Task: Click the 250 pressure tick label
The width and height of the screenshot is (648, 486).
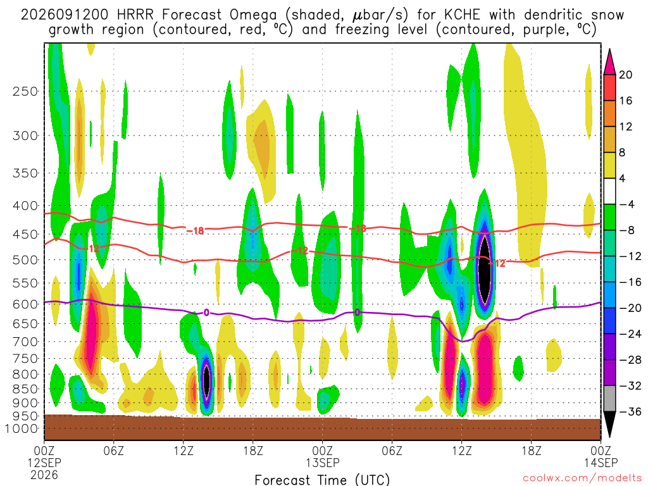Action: (x=25, y=91)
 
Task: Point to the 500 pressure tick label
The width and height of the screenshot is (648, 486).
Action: (x=25, y=260)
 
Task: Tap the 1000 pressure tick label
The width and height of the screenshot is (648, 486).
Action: (x=21, y=428)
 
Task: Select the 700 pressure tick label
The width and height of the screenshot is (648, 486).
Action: (x=25, y=342)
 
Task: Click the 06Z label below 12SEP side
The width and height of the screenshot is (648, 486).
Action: (x=114, y=451)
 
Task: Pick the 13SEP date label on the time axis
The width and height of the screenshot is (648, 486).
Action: (x=323, y=463)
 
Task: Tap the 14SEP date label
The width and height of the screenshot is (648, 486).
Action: (x=601, y=463)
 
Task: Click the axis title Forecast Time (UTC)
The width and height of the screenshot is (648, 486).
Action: (x=322, y=480)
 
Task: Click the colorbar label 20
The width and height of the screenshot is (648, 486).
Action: (x=625, y=75)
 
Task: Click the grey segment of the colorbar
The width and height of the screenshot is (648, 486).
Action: (x=609, y=399)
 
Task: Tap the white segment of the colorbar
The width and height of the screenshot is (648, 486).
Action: (x=609, y=191)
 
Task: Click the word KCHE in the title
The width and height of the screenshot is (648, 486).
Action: (x=463, y=15)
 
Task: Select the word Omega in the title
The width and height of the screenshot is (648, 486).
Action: (x=253, y=16)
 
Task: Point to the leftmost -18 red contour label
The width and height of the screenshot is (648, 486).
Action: (x=195, y=230)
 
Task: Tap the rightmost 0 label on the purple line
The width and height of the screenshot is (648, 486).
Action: (x=357, y=313)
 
